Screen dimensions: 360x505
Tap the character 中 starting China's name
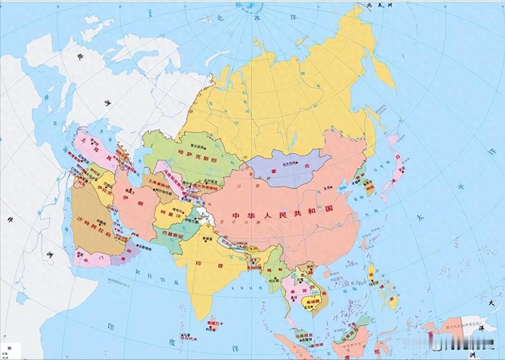click(x=236, y=216)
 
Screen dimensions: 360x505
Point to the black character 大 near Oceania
click(x=492, y=303)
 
